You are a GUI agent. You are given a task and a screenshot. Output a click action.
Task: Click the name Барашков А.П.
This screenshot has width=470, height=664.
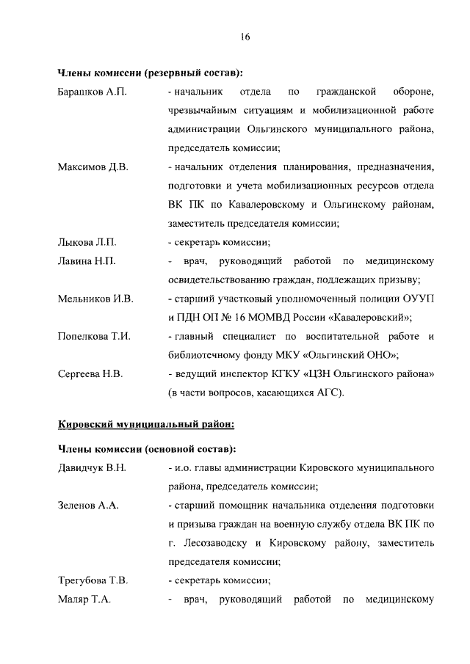(93, 92)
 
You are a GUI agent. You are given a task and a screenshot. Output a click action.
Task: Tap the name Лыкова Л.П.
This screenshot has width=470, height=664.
(87, 242)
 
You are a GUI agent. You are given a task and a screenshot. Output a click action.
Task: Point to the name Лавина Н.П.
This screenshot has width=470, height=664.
(87, 261)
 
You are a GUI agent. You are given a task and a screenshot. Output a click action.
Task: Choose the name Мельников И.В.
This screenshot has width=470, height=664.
(95, 299)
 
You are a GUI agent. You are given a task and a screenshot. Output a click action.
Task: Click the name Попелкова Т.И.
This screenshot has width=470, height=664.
(94, 337)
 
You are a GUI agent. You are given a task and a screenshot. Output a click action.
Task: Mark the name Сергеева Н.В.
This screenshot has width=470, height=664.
(90, 374)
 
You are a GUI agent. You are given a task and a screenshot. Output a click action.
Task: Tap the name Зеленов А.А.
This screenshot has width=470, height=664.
(88, 506)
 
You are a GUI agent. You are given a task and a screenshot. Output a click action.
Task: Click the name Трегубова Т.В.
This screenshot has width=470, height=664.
(93, 581)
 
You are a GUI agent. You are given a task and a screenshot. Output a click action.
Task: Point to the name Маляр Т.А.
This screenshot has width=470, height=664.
(84, 600)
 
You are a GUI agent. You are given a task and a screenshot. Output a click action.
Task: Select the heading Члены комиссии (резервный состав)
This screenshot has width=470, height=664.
(151, 73)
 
